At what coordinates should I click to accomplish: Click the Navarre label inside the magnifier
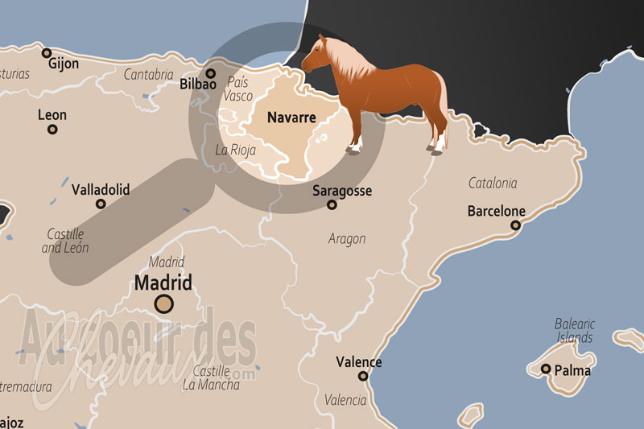[291, 118]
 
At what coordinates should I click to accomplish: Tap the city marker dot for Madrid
[164, 303]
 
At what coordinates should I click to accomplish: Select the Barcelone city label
[496, 212]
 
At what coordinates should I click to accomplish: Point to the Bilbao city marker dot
[211, 73]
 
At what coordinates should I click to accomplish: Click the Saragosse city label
[342, 191]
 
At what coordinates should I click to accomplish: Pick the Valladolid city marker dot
[101, 204]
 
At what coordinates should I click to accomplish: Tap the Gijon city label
[64, 64]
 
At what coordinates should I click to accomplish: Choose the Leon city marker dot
[52, 129]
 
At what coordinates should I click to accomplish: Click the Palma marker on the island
[546, 369]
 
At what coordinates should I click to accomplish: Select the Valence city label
[358, 361]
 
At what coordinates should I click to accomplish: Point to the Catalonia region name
[493, 184]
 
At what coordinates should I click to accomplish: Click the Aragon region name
[347, 238]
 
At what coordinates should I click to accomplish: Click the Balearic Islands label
[574, 330]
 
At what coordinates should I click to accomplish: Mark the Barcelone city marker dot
[515, 225]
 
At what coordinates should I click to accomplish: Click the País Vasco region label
[239, 89]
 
